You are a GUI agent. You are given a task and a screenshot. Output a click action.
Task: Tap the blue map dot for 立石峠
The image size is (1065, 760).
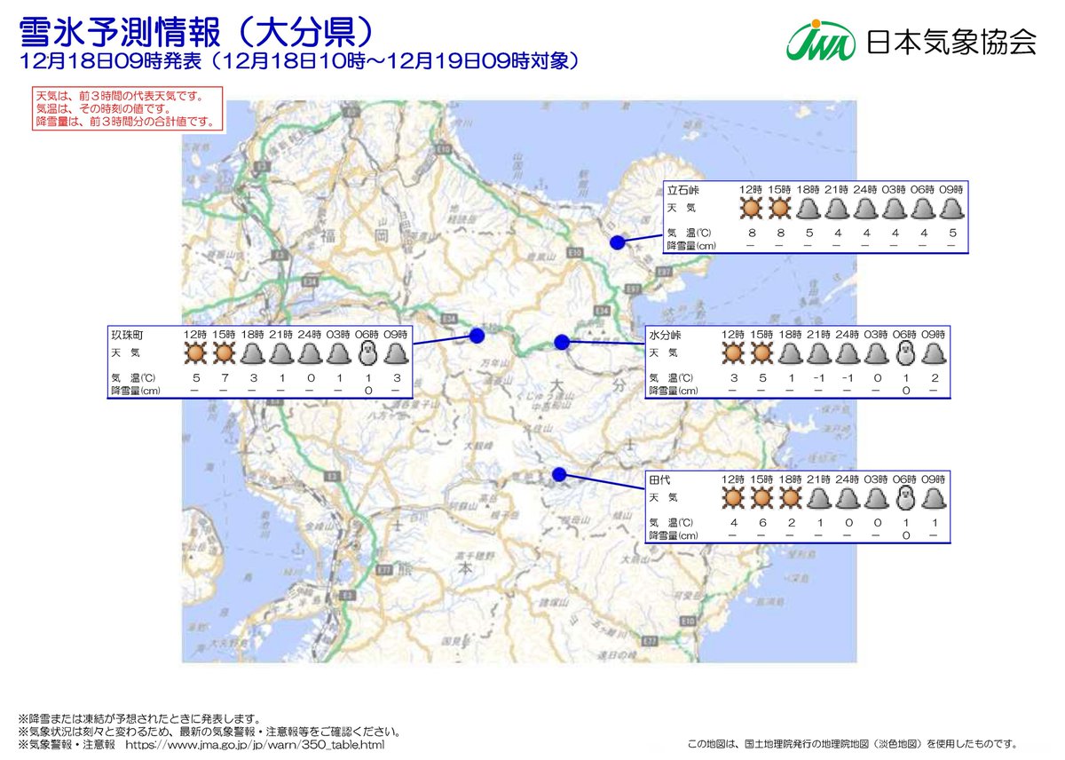point(618,242)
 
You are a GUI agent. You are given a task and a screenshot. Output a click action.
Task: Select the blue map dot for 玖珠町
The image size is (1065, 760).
point(477,336)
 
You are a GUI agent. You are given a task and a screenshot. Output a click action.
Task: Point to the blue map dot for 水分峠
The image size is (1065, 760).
point(561,342)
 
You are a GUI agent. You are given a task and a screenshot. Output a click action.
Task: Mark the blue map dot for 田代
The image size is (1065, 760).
point(558,474)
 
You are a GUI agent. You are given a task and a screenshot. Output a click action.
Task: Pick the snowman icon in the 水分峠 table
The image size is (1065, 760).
point(904,353)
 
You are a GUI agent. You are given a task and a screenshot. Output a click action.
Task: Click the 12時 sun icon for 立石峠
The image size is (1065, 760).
point(751,208)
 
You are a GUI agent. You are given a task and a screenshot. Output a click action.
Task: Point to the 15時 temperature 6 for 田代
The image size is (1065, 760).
point(761,523)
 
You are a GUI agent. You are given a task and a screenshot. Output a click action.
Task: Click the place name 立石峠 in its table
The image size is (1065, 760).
point(684,189)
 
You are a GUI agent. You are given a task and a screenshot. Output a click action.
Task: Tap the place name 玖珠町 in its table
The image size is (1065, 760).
point(127,335)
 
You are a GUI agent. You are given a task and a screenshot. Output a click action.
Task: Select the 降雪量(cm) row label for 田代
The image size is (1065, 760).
point(674,535)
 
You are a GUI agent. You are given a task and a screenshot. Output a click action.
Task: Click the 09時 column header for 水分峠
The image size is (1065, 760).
point(933,335)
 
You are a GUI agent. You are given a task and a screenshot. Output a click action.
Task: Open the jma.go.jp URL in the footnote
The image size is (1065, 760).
point(256,744)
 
